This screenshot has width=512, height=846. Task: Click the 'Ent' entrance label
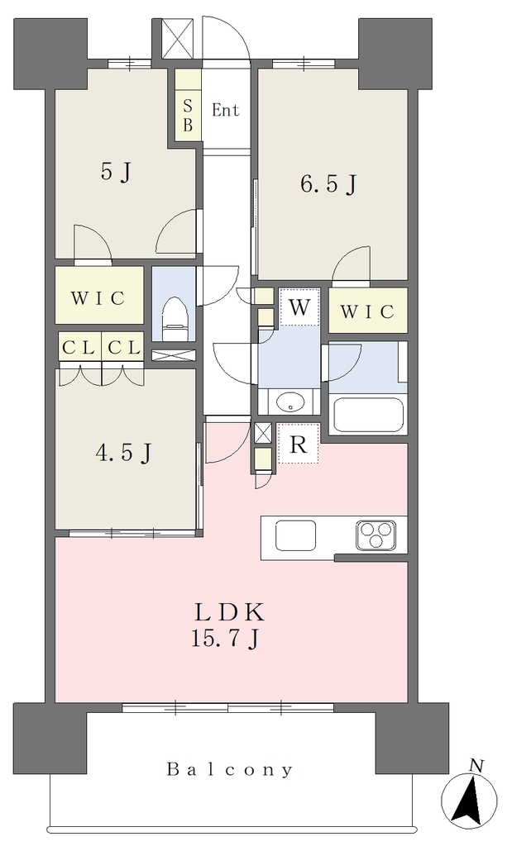[225, 110]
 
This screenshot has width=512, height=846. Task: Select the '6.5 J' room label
[328, 184]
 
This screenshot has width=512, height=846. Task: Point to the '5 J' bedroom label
[116, 173]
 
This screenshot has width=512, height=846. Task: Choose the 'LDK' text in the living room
[229, 614]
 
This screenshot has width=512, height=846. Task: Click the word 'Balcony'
[230, 769]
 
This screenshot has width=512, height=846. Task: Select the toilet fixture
[175, 318]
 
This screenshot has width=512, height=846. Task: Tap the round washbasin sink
[290, 402]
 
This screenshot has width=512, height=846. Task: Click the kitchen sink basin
[296, 535]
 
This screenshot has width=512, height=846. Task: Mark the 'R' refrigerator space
[298, 444]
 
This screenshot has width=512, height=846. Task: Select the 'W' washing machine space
[299, 307]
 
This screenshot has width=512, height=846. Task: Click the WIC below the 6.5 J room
[368, 311]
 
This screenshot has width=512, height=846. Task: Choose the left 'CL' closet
[79, 348]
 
